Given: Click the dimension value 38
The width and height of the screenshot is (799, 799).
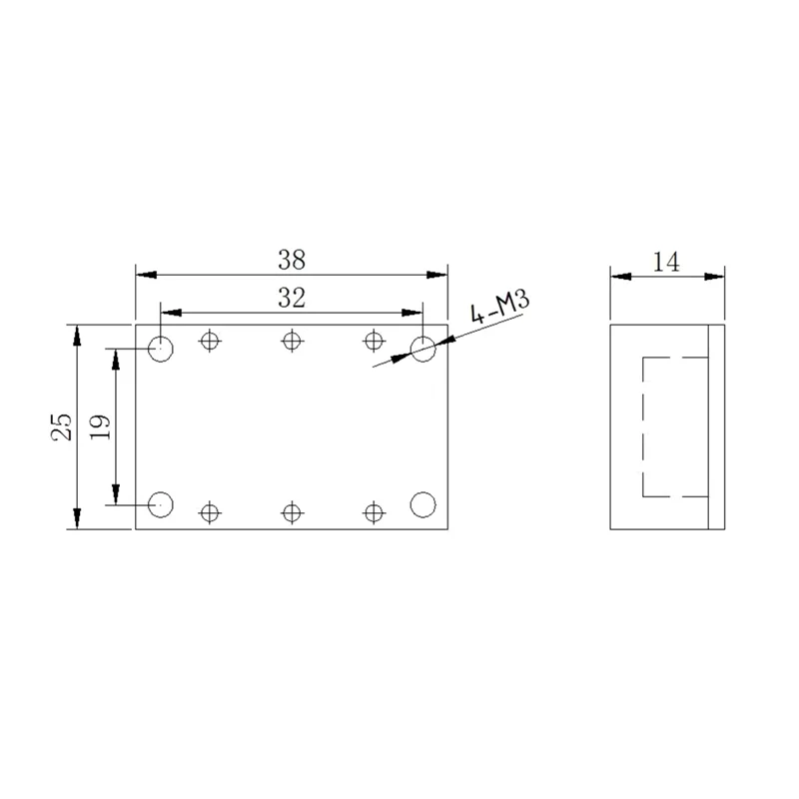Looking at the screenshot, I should coord(292,260).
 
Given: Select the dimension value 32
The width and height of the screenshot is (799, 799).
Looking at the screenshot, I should coord(292,297).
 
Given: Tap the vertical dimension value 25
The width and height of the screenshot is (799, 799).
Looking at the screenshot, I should coord(62,426).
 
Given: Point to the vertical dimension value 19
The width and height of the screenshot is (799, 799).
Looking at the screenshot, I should coord(100,426).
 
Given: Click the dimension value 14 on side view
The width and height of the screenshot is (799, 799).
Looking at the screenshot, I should coord(666,262).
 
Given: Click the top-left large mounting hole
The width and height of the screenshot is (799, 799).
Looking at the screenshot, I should coord(161,349).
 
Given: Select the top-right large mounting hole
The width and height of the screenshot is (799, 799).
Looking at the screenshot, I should coord(423,349).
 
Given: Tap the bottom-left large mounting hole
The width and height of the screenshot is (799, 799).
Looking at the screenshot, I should coord(161,504).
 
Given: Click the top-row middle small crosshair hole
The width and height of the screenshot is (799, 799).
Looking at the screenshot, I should coord(291,341).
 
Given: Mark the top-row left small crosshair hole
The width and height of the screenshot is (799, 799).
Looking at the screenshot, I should coord(209,341).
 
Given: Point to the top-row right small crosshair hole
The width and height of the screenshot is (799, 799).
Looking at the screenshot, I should coord(373,341).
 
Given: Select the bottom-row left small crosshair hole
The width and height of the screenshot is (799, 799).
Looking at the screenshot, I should coord(209,512).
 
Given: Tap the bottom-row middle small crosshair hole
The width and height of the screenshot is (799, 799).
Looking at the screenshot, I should coord(291,512).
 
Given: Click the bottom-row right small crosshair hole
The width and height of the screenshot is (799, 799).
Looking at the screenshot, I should coord(373,512).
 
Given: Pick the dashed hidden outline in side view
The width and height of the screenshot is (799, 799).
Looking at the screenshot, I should coord(643,426).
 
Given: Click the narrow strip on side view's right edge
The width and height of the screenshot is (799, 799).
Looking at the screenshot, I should coord(714,426).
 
